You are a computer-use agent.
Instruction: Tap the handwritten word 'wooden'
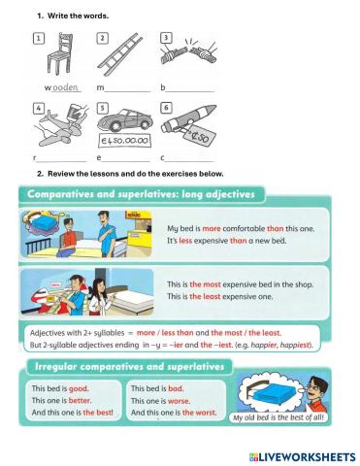pyautogui.click(x=62, y=88)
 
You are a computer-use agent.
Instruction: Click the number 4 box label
pyautogui.click(x=38, y=108)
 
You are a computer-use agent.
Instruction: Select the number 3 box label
pyautogui.click(x=166, y=37)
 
